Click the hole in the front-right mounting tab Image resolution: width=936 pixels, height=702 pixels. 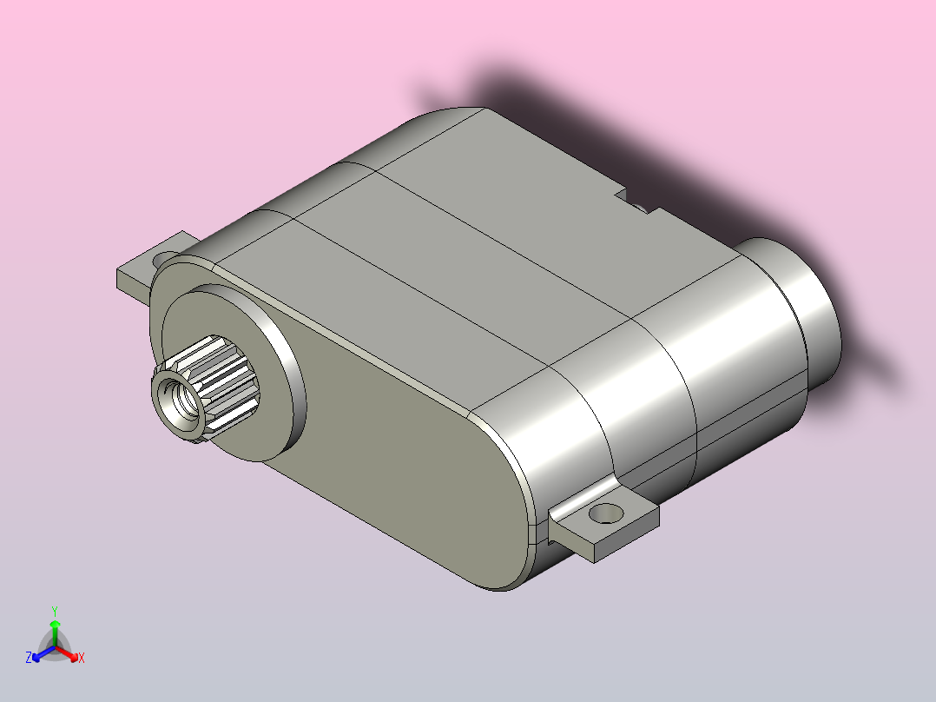pos(606,513)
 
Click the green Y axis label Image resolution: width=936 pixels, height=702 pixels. pos(55,611)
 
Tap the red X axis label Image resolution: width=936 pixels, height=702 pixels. pos(82,658)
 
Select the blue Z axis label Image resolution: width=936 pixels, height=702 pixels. pos(29,658)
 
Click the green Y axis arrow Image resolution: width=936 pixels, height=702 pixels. pos(55,632)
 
